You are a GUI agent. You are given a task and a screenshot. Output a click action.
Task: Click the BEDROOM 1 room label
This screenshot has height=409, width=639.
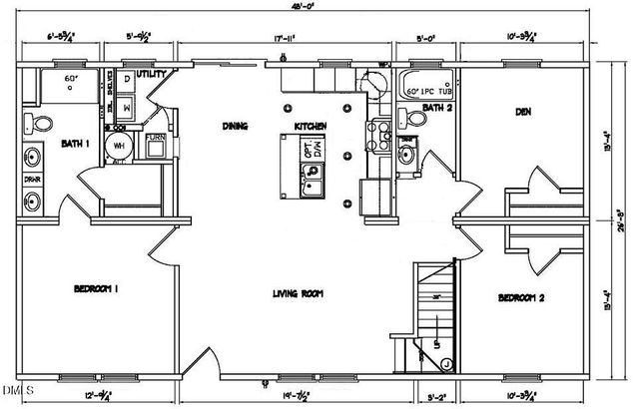coord(97,289)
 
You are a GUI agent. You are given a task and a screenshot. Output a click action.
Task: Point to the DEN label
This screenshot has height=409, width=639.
coord(521,113)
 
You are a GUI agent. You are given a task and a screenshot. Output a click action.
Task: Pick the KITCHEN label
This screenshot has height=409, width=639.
coord(311,126)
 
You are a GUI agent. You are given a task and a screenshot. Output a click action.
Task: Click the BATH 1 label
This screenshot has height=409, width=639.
coord(71,143)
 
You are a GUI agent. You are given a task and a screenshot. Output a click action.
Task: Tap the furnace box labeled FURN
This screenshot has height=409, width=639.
coord(157,145)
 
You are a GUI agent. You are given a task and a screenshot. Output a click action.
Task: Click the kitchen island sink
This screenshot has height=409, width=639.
coord(313,180)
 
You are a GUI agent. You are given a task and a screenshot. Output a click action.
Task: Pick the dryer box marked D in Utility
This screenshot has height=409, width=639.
coord(128,79)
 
